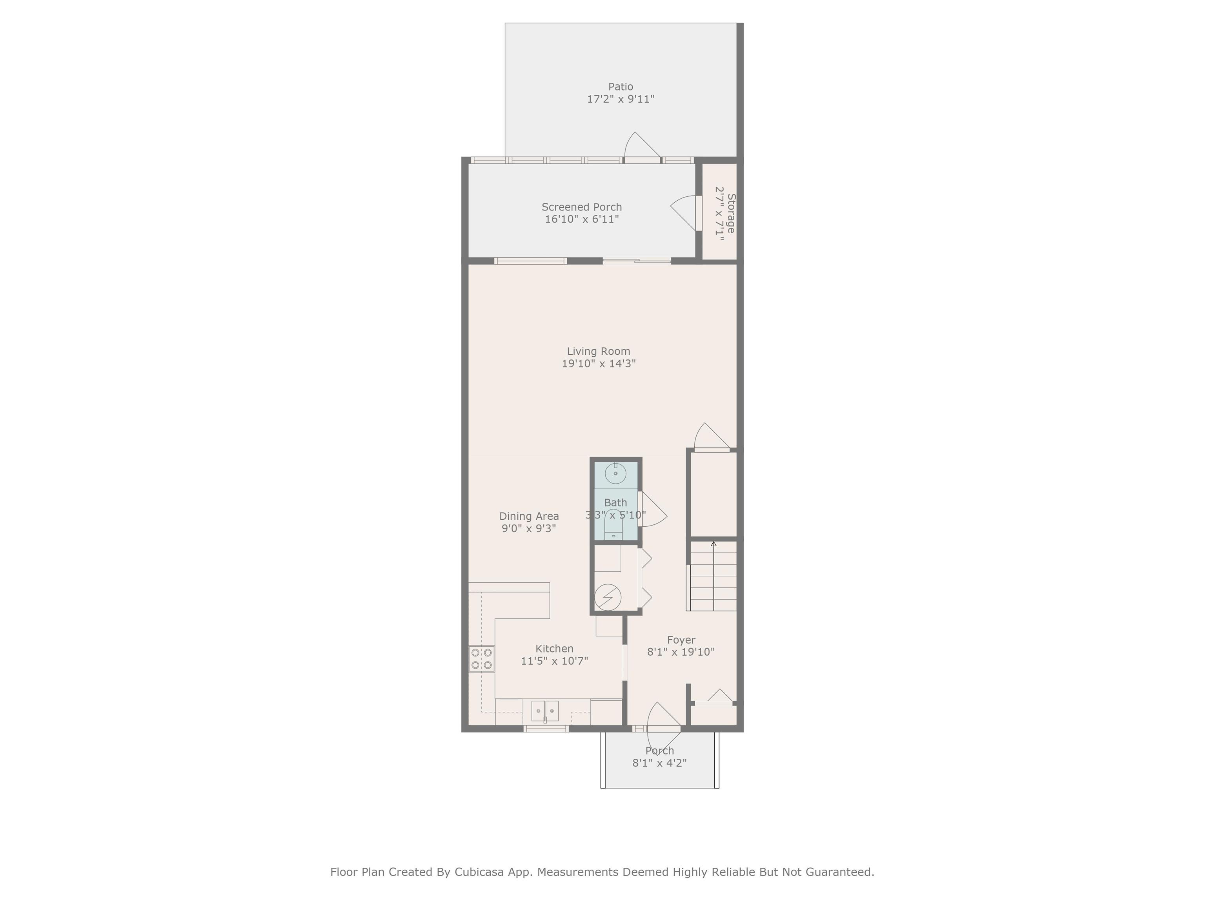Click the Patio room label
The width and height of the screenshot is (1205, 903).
coord(621,87)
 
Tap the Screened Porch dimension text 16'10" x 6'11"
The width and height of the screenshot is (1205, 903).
coord(582,219)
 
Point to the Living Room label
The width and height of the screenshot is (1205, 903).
coord(599,352)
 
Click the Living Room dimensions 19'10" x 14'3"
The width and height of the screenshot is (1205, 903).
coord(599,364)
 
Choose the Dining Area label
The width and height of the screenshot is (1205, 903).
coord(529,516)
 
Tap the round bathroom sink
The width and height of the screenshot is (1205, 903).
coord(615,473)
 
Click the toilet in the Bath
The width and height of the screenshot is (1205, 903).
coord(614,524)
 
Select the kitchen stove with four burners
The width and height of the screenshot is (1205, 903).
coord(482,658)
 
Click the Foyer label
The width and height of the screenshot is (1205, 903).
coord(681,640)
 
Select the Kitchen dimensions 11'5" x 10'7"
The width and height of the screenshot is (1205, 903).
coord(555,661)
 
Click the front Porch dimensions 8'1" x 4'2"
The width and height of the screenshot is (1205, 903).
coord(660,763)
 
